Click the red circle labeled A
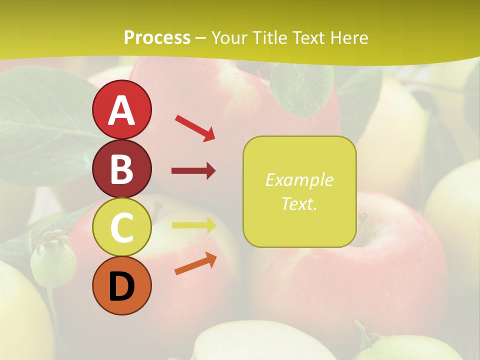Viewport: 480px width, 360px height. point(121,109)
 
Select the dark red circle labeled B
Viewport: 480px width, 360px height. point(121,168)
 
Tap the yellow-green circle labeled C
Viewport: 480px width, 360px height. point(121,227)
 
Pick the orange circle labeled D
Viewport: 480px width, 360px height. point(121,286)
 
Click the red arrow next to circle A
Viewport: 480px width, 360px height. point(195,127)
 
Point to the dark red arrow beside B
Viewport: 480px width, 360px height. point(193,171)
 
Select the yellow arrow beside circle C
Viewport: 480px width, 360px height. point(193,225)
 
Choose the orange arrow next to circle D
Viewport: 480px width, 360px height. point(195,263)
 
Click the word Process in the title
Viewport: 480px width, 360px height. point(157,37)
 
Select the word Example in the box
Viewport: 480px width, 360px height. point(299,180)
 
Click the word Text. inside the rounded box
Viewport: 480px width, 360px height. point(299,203)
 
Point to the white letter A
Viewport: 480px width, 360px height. point(121,110)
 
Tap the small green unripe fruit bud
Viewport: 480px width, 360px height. point(53,260)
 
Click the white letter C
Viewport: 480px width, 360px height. point(121,227)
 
